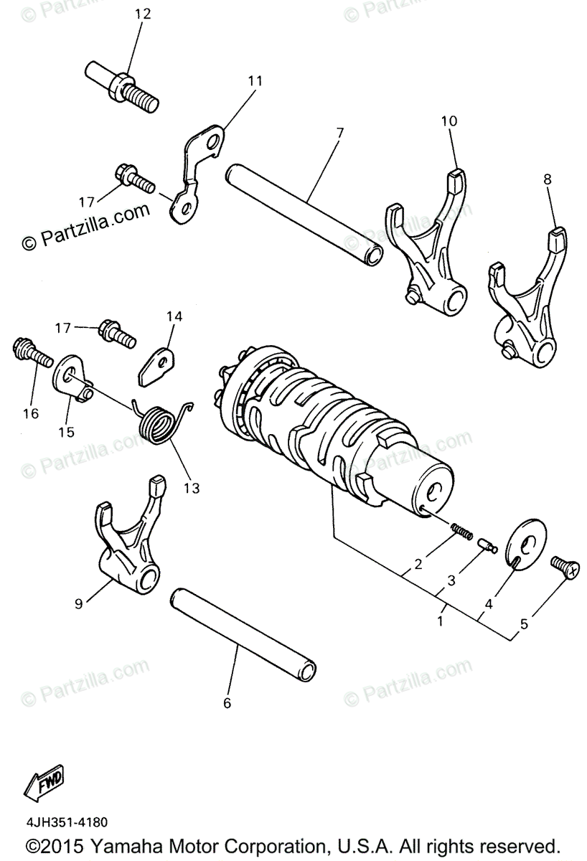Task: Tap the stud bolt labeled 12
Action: [x=123, y=86]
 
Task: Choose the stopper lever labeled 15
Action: [x=72, y=377]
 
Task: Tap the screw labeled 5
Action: [x=564, y=567]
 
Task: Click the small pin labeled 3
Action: [x=488, y=547]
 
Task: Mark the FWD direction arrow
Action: [x=43, y=782]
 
